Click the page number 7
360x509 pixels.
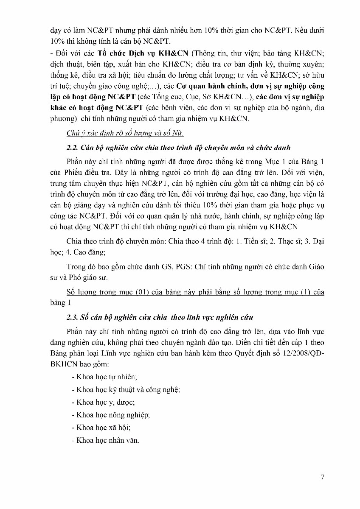pyautogui.click(x=323, y=477)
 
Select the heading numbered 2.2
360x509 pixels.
pyautogui.click(x=178, y=148)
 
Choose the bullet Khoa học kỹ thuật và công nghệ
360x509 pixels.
pyautogui.click(x=126, y=389)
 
